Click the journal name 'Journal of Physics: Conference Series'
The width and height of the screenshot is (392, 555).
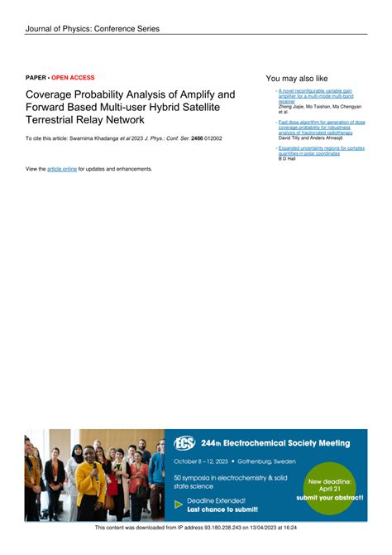tap(92, 29)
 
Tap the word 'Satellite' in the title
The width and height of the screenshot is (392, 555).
tap(203, 108)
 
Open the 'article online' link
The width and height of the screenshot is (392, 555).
tap(62, 169)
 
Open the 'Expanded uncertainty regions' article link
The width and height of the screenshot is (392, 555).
tap(321, 149)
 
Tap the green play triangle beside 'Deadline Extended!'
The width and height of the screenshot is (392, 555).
tap(178, 504)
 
